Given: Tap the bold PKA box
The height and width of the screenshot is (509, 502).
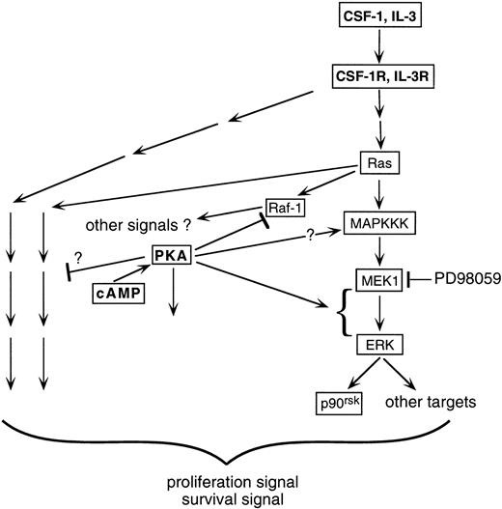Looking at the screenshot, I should (x=176, y=256).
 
